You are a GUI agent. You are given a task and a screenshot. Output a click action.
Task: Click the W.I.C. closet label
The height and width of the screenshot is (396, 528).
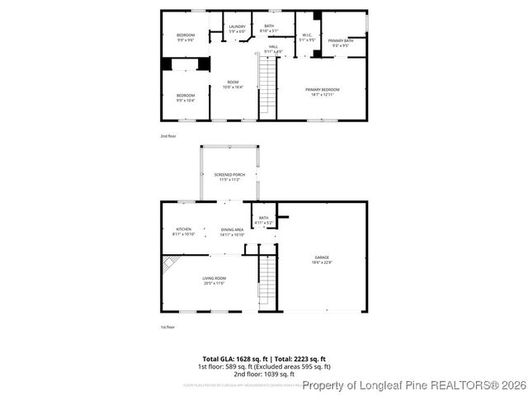[x=305, y=37]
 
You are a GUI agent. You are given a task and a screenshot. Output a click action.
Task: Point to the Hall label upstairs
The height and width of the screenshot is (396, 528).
[x=272, y=49]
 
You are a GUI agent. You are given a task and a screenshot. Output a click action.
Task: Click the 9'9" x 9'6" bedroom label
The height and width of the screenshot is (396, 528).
[x=185, y=37]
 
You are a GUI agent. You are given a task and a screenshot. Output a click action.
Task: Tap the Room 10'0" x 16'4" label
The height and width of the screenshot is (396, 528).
[x=233, y=84]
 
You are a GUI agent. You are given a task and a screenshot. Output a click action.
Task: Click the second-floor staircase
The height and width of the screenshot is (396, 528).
[x=267, y=87]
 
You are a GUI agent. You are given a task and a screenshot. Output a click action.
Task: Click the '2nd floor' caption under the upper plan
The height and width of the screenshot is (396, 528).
[x=167, y=135]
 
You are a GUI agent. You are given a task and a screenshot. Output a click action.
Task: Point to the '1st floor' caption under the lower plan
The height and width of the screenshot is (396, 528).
[x=167, y=328]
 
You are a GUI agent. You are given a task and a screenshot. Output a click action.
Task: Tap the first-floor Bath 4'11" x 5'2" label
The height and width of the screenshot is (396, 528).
[x=263, y=220]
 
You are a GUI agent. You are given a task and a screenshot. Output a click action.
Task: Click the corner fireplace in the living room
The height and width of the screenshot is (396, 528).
[x=170, y=263]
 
